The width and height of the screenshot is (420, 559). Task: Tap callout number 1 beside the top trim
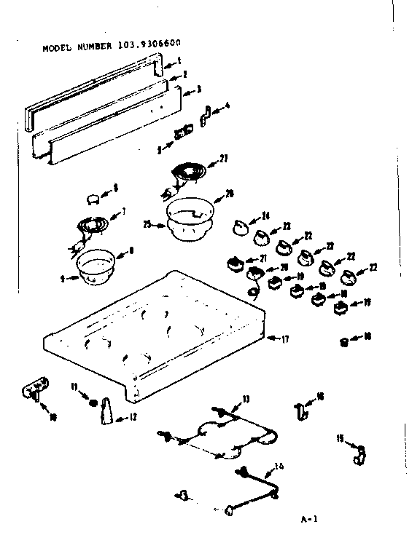[179, 61]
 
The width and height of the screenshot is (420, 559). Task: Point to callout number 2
[184, 75]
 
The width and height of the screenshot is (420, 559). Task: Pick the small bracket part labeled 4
[206, 111]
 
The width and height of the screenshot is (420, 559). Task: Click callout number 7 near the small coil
[123, 213]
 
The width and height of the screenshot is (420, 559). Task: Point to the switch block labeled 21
[235, 263]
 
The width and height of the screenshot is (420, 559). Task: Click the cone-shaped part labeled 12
[105, 411]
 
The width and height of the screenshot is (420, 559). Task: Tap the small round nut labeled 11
[92, 403]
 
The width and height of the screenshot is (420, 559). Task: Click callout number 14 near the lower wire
[279, 467]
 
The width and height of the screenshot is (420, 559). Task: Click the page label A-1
[309, 520]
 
